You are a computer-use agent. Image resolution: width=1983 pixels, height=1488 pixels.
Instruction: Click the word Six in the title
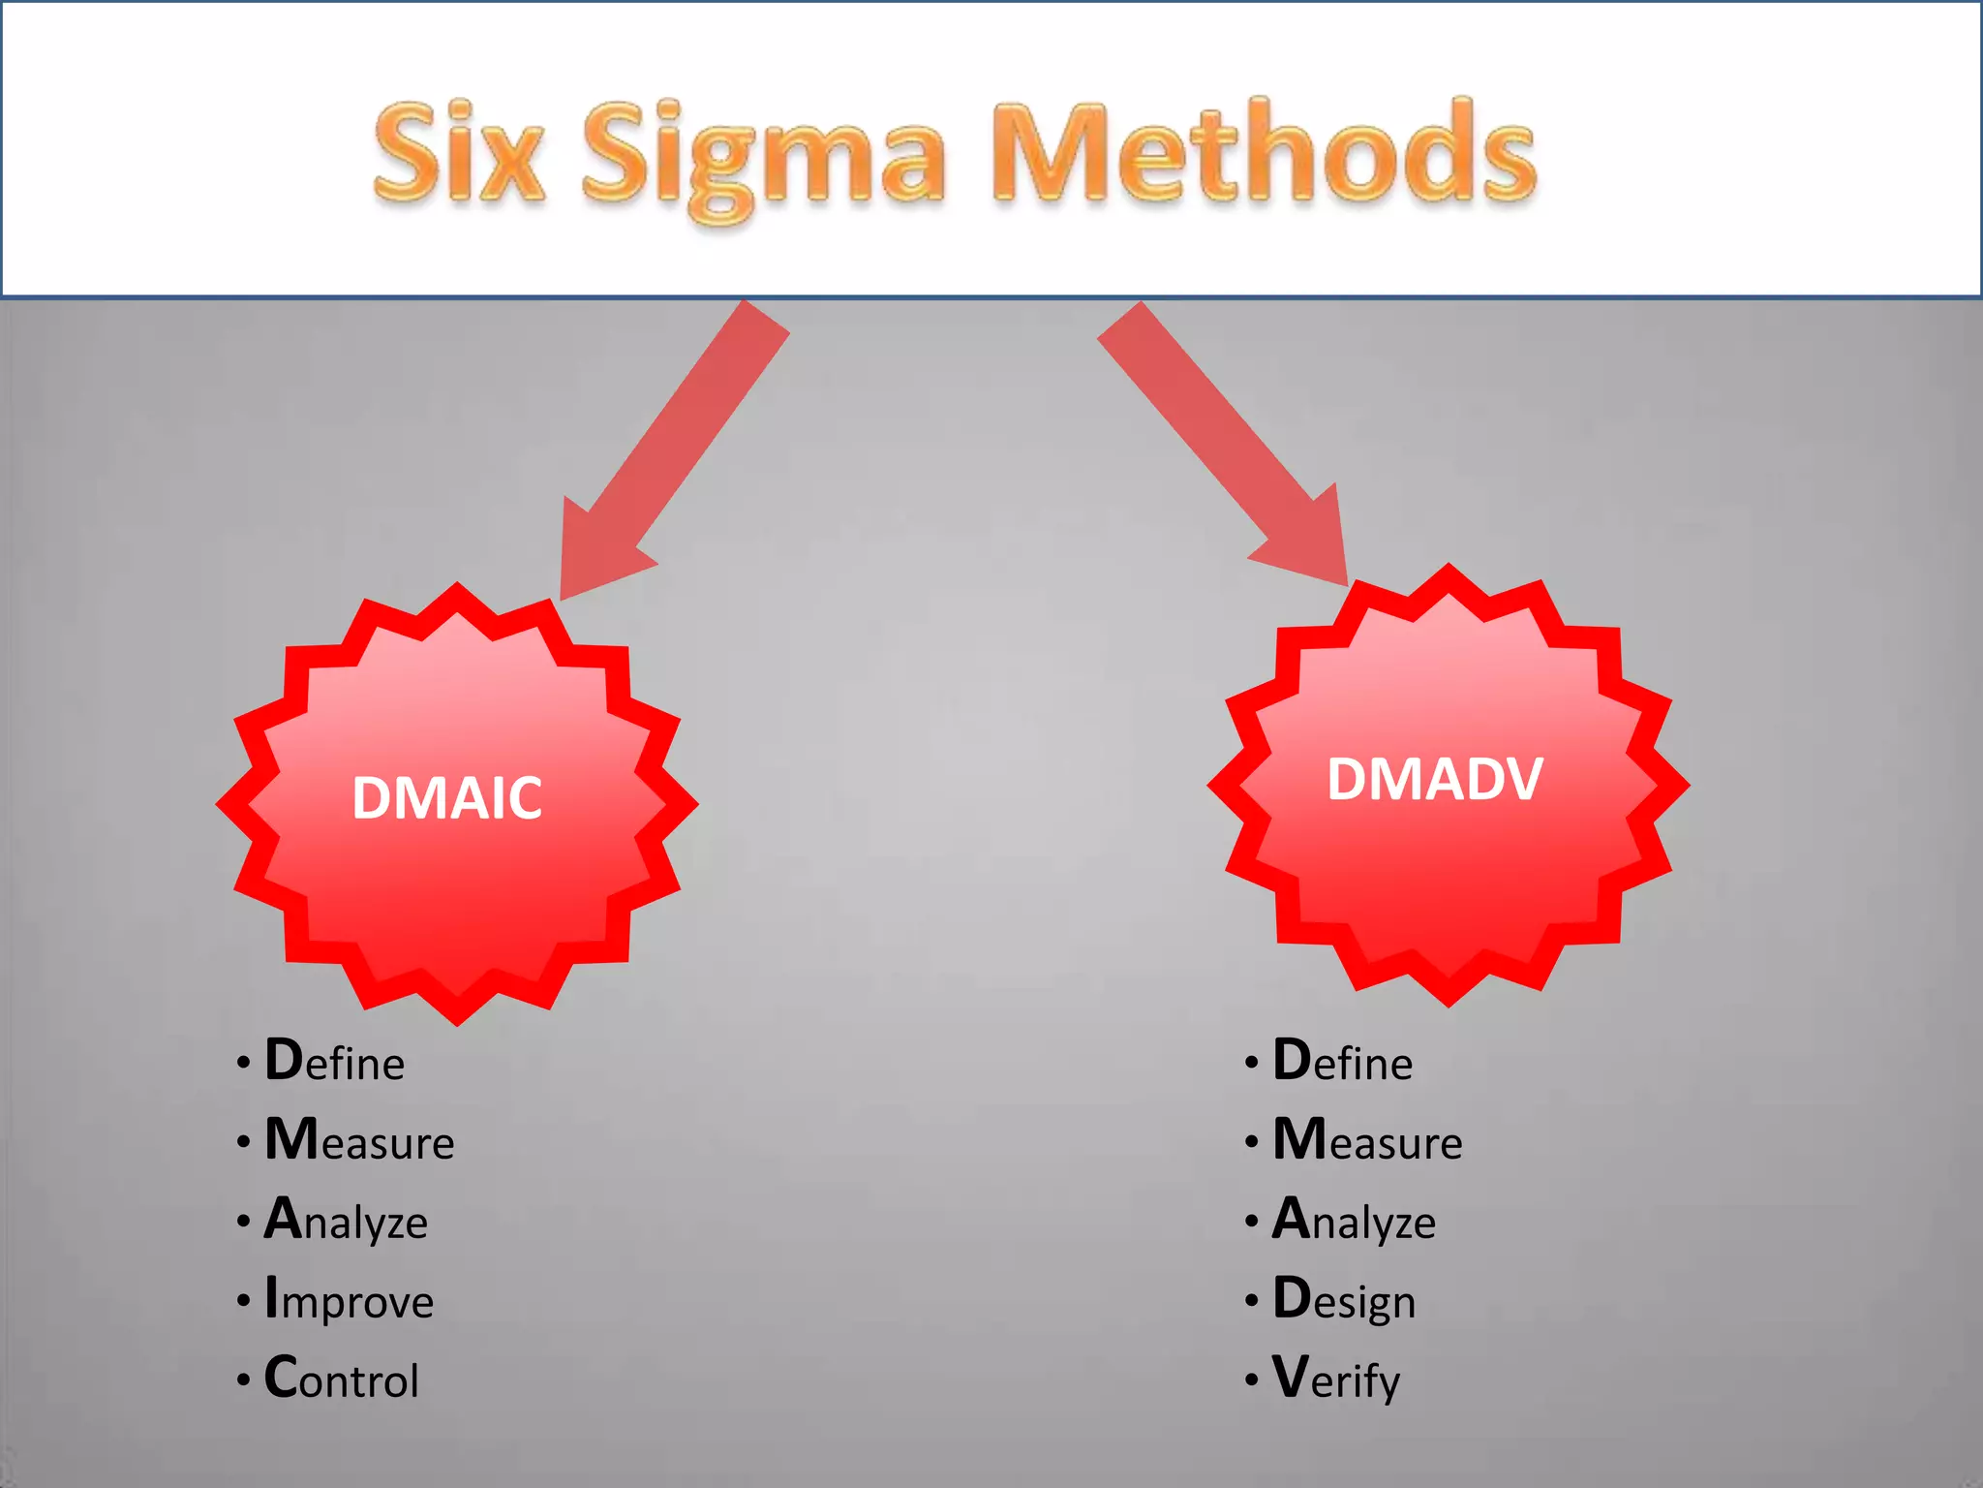[459, 153]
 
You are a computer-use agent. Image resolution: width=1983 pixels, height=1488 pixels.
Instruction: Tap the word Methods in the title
[1265, 153]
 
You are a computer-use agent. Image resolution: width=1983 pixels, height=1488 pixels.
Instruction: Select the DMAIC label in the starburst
[446, 798]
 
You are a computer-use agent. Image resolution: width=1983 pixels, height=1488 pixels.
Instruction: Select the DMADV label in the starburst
[1434, 779]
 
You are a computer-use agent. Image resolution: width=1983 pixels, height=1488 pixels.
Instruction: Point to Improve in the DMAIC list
[349, 1299]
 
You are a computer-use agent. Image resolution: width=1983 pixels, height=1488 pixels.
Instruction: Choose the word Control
[342, 1379]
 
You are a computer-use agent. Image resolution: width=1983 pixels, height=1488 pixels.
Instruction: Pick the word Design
[1344, 1299]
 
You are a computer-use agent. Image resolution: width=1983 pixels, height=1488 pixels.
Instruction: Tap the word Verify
[1336, 1379]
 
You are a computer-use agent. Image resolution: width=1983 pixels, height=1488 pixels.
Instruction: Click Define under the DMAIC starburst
[335, 1061]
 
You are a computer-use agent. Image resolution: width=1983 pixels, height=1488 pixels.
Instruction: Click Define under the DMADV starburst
[1343, 1061]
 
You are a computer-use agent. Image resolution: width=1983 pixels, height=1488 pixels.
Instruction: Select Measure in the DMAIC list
[359, 1140]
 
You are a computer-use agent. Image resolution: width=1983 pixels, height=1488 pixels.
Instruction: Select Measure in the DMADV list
[1367, 1140]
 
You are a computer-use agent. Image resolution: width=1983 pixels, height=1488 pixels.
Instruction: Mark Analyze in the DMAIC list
[346, 1220]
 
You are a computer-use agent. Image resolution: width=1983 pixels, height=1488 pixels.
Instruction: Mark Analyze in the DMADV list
[1354, 1220]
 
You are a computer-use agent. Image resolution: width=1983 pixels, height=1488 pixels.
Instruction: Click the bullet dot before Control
[243, 1379]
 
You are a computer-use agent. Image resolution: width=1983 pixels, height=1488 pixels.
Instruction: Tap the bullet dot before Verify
[1252, 1379]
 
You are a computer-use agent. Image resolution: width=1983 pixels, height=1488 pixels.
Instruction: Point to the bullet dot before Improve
[243, 1300]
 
